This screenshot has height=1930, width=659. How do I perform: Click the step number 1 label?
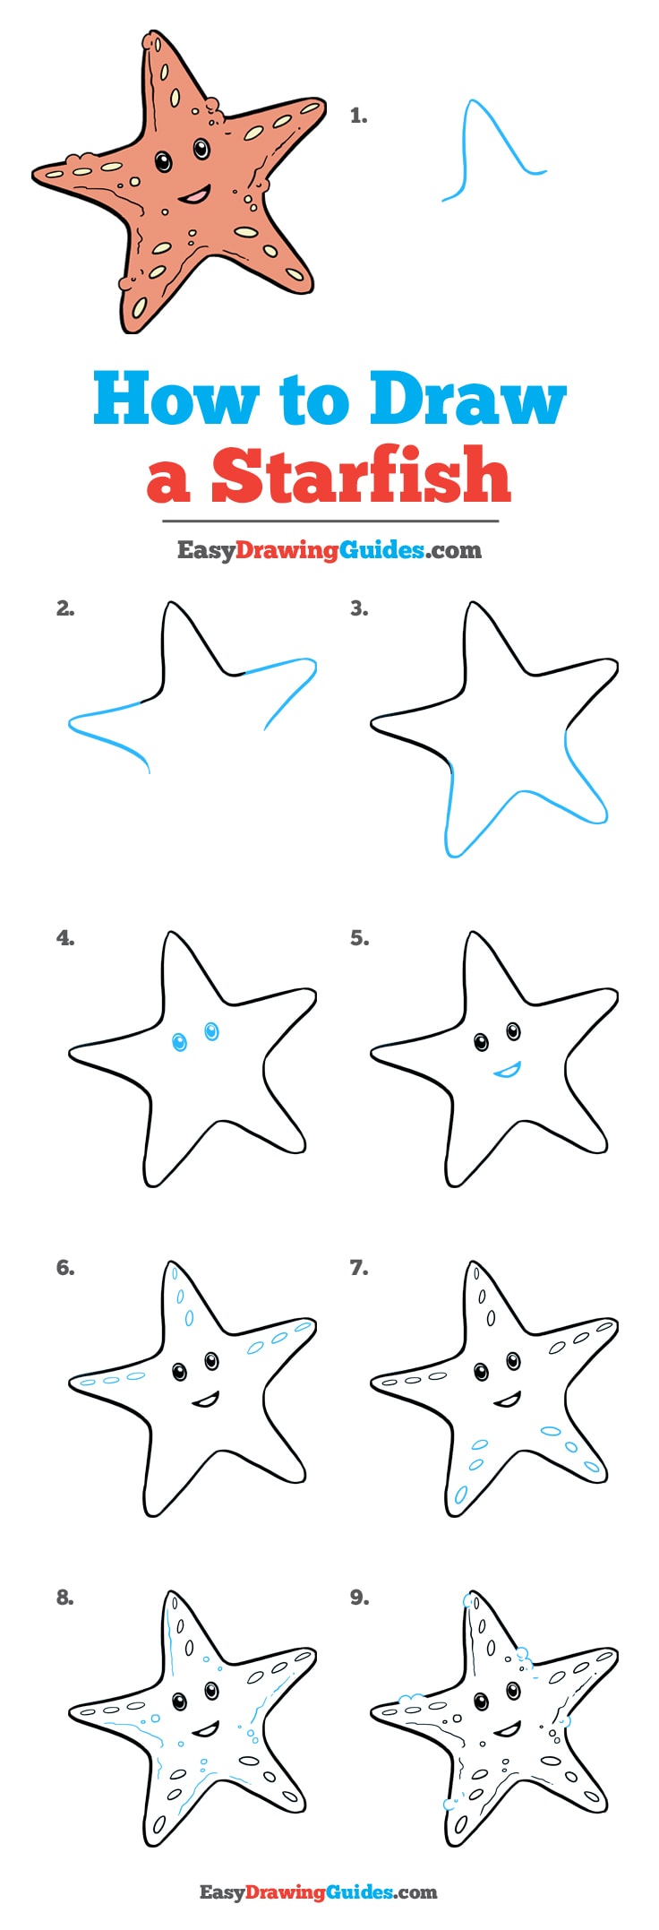click(358, 116)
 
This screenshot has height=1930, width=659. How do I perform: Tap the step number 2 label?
click(65, 608)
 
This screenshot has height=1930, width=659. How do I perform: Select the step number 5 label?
click(359, 938)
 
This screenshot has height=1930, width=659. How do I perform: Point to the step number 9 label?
click(359, 1598)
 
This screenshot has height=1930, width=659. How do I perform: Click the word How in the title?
click(175, 400)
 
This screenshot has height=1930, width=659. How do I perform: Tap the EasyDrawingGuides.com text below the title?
click(329, 550)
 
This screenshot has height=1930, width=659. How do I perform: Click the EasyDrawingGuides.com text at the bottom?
click(318, 1892)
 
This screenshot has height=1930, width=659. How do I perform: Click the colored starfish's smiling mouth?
click(194, 194)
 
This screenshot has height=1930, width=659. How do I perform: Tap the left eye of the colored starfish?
click(163, 162)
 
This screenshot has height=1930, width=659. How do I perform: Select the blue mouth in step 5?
click(507, 1069)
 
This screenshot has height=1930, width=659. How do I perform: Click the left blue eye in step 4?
click(179, 1042)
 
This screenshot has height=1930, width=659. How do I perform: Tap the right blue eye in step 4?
click(211, 1031)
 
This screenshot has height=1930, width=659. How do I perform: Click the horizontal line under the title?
click(329, 521)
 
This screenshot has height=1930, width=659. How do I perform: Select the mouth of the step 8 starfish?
click(206, 1728)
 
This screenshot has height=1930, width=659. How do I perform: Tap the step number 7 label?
click(359, 1268)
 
